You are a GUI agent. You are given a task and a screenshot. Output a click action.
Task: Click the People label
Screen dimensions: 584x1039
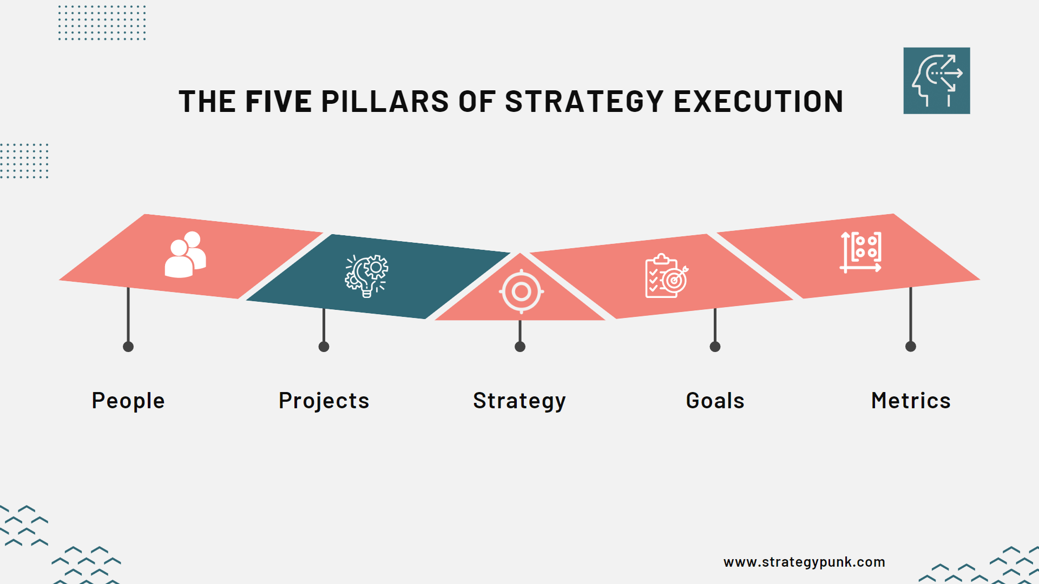click(128, 401)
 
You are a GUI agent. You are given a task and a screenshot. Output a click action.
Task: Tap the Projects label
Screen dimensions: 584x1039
click(324, 401)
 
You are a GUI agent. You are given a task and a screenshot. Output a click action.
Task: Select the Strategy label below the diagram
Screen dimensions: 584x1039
click(519, 401)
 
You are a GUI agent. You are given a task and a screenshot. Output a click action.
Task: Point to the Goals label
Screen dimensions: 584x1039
click(715, 401)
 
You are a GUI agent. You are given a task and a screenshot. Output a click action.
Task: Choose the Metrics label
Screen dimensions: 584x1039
click(911, 401)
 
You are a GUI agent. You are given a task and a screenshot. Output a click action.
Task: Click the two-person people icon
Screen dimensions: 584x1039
click(186, 255)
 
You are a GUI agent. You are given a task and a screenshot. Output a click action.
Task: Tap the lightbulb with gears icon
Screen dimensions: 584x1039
click(367, 276)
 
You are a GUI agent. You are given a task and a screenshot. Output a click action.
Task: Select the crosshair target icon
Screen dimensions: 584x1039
click(521, 291)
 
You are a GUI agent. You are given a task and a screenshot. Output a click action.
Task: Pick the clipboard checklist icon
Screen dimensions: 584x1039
click(666, 276)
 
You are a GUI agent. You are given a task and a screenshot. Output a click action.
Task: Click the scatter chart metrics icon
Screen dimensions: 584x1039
click(861, 252)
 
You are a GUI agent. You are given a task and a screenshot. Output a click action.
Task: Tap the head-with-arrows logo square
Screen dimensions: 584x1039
click(936, 81)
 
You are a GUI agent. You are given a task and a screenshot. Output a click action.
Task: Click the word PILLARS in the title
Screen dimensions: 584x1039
click(385, 102)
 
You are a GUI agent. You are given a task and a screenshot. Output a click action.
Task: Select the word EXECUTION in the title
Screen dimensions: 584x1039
click(758, 102)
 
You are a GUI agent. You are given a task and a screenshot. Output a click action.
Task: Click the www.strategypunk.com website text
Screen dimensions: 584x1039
click(804, 562)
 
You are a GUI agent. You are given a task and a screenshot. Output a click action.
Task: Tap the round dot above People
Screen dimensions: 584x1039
click(128, 347)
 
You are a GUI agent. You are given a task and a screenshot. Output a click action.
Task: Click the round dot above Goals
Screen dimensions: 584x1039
click(715, 347)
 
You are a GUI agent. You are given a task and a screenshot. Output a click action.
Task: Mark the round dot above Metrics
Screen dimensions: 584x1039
click(911, 347)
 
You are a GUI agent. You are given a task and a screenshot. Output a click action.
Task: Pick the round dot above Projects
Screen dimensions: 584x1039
click(324, 347)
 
